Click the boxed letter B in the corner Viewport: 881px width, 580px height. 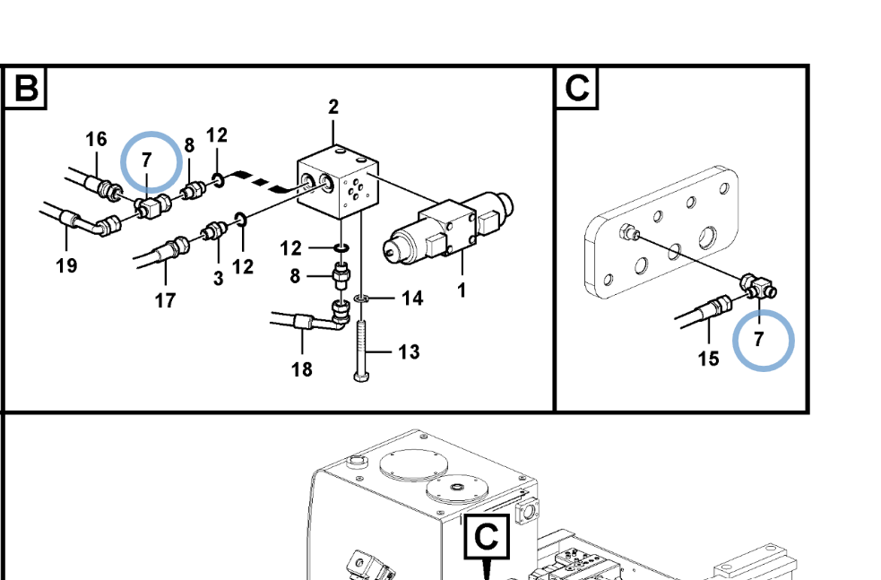(26, 88)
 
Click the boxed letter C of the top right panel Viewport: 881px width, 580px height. (577, 88)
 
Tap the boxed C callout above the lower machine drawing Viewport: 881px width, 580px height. (487, 537)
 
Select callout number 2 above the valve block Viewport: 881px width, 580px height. (333, 107)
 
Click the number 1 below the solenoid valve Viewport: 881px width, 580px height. (462, 290)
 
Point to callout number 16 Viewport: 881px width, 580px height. (96, 139)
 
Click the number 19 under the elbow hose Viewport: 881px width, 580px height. (66, 265)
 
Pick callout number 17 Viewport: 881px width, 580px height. (165, 301)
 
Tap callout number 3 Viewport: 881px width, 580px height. (219, 278)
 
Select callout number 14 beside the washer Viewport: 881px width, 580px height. (412, 298)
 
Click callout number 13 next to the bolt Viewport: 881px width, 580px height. (409, 351)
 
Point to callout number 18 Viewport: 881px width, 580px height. (302, 369)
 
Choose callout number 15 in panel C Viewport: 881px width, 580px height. (709, 359)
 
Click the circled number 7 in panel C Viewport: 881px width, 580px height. (758, 340)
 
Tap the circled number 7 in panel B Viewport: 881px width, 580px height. (147, 160)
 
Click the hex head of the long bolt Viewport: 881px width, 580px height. (360, 376)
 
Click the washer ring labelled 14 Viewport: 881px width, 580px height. (360, 299)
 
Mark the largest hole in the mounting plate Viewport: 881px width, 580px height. (707, 238)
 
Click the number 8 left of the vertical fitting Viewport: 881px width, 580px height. (295, 276)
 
